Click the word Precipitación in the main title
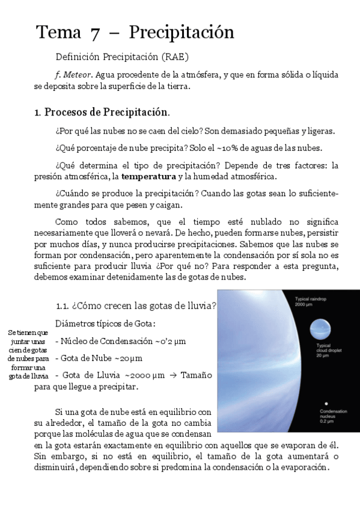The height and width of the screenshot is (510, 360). (x=181, y=31)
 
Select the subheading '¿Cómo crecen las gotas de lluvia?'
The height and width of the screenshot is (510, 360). (x=135, y=305)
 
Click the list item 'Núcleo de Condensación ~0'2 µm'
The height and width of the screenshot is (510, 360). (x=120, y=341)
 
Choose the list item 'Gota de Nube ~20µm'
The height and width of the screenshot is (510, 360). (x=99, y=358)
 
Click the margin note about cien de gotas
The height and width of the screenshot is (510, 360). (x=28, y=354)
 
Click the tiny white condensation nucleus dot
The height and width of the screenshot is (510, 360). (x=325, y=403)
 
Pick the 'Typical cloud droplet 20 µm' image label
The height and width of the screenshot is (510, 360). (x=325, y=352)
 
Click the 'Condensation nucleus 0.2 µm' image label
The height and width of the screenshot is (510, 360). (x=331, y=416)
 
